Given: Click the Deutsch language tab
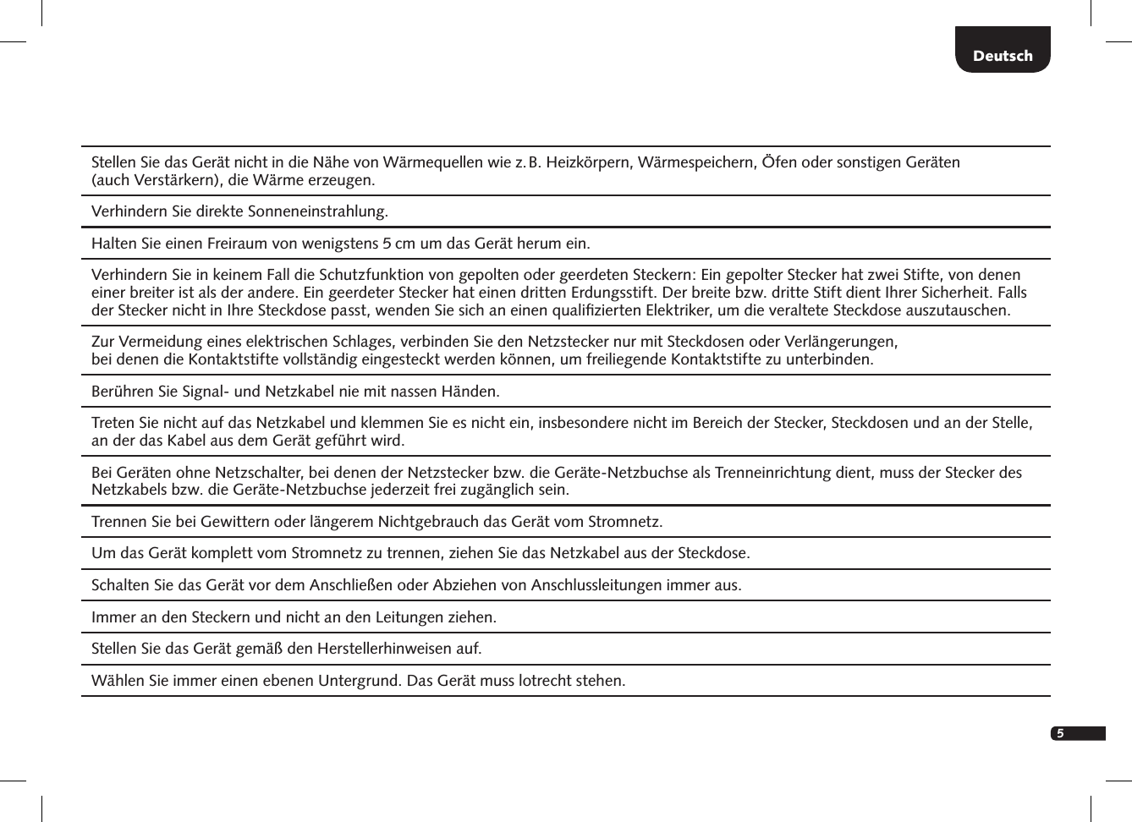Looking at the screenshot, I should click(x=1003, y=56).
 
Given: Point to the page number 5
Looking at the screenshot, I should click(x=1060, y=733).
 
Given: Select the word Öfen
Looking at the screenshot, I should click(x=779, y=162).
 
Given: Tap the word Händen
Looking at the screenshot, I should click(x=470, y=392).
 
